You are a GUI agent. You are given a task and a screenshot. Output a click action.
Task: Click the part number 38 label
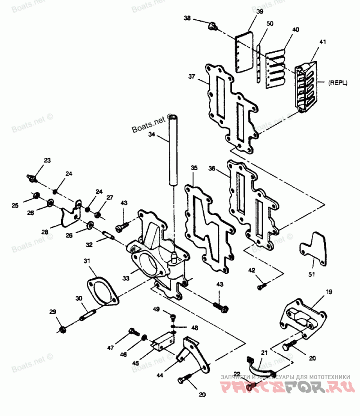click(187, 18)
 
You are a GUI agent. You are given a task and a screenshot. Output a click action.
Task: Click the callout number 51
click(312, 274)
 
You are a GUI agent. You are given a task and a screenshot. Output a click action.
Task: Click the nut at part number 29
click(63, 330)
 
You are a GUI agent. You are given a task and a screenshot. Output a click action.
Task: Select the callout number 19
click(329, 292)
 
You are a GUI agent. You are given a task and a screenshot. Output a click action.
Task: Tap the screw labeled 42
click(261, 286)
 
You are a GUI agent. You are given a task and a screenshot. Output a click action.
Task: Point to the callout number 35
click(194, 168)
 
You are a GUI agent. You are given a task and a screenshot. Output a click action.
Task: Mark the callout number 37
click(192, 77)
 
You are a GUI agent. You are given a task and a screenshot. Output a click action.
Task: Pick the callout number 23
click(47, 161)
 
